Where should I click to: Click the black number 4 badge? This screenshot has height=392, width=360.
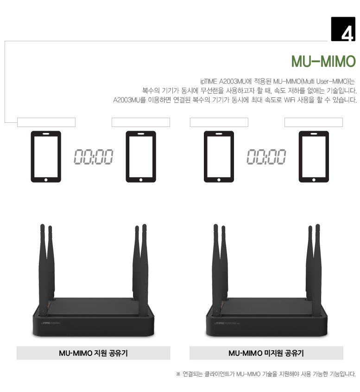(343, 29)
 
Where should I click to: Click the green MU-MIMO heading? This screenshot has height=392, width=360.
(323, 61)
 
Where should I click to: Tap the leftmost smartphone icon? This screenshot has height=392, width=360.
(46, 157)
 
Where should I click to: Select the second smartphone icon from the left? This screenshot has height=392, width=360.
(141, 157)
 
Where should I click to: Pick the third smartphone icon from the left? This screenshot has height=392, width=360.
(219, 157)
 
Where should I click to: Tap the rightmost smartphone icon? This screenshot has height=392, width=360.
(314, 157)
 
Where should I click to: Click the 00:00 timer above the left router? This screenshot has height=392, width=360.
(93, 157)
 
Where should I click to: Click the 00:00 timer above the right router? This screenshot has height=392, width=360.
(266, 157)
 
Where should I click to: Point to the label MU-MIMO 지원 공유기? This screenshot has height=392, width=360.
(93, 353)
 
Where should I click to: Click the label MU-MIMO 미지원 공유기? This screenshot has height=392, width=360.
(266, 353)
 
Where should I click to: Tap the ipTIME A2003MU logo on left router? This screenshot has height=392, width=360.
(51, 323)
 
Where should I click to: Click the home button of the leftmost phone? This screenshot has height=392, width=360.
(46, 180)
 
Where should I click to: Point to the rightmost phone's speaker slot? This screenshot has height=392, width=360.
(314, 134)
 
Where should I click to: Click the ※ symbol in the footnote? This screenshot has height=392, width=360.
(178, 374)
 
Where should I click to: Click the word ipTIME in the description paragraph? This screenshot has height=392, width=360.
(208, 82)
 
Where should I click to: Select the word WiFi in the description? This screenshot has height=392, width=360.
(289, 100)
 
